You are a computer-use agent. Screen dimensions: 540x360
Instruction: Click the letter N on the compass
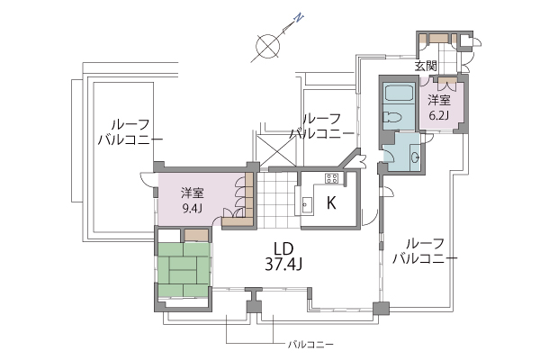coord(300,18)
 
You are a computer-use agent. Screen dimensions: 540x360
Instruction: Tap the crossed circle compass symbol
coord(267,46)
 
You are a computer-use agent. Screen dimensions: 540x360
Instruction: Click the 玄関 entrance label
coord(426,66)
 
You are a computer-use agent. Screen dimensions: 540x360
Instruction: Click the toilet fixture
coord(391,119)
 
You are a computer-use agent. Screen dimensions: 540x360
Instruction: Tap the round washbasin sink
coord(416,157)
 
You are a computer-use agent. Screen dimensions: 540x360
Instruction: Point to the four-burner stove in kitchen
coord(332,178)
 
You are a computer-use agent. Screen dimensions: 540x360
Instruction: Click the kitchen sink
coord(306,206)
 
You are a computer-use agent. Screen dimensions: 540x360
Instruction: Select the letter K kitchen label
coord(331,202)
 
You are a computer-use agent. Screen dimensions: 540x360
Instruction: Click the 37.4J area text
coord(283,265)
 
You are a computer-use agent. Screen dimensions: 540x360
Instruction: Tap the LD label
coord(283,248)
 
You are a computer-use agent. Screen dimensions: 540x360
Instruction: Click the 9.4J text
coord(193,209)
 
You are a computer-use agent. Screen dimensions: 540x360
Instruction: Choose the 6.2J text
coord(439,114)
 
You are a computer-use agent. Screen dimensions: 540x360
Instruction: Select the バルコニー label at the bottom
coord(310,344)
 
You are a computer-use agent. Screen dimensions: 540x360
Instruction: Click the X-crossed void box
coord(276,150)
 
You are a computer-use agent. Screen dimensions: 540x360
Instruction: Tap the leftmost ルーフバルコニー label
coord(130,132)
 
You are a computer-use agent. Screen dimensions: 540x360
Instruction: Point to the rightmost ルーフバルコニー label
coord(426,251)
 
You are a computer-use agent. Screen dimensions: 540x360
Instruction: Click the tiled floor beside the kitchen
coord(277,200)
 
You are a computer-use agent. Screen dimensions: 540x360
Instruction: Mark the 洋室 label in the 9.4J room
coord(193,193)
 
